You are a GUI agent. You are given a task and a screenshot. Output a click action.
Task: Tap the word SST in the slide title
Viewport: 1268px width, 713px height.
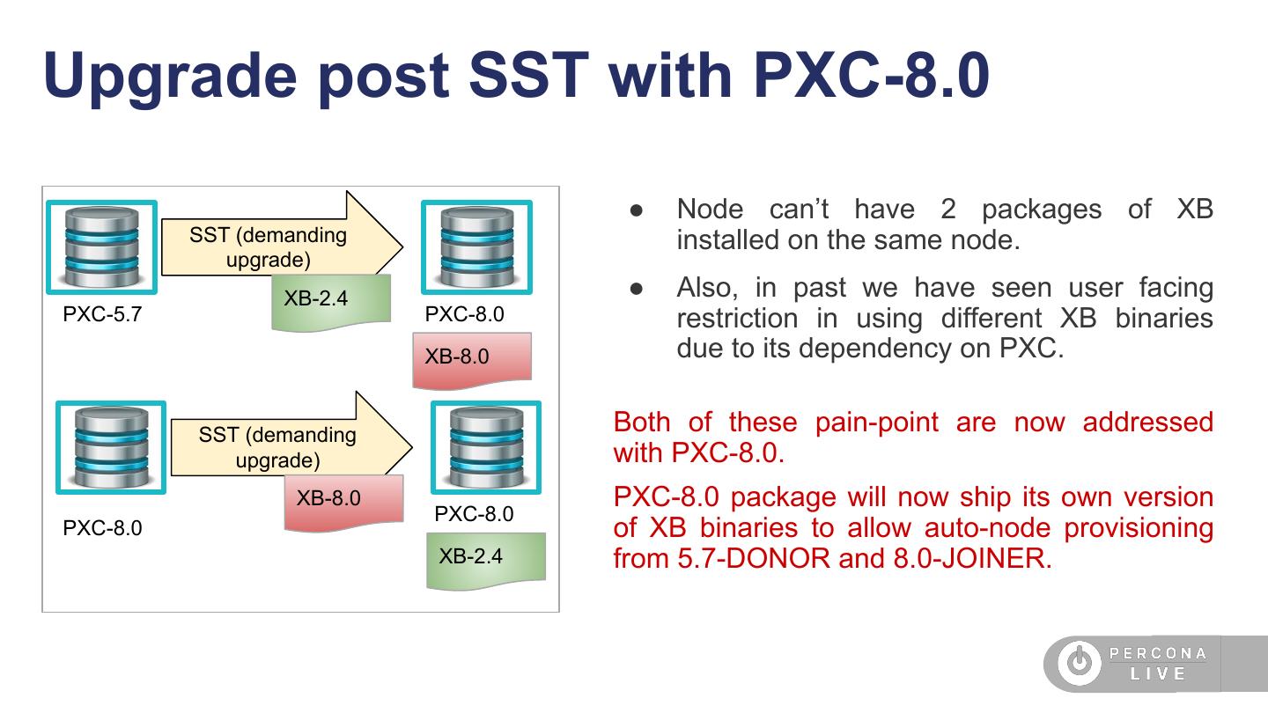point(529,75)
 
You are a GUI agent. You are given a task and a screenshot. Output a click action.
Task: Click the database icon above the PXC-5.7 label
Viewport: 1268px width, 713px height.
point(102,246)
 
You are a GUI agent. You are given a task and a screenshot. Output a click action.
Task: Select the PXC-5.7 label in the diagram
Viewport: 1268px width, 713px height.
point(102,314)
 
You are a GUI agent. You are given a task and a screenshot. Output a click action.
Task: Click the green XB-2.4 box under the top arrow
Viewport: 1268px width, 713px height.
point(331,302)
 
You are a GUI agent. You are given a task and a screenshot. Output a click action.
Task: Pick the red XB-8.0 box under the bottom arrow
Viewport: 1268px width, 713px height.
point(343,503)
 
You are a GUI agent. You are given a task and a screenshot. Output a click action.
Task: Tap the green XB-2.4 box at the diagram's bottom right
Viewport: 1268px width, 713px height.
point(486,560)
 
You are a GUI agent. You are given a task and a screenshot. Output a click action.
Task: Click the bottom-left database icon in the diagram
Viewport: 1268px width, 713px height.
point(111,447)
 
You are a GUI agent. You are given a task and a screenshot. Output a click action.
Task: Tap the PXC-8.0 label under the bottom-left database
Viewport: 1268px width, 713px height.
point(102,528)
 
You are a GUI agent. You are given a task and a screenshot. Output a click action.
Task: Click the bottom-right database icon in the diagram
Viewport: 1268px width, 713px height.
point(486,447)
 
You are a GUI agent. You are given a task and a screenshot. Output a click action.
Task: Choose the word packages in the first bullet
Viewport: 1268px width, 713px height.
point(1042,210)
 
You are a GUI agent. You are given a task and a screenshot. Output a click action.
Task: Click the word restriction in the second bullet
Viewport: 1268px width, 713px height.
point(738,318)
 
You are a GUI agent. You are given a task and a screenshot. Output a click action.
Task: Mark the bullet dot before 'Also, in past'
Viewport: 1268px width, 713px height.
point(637,289)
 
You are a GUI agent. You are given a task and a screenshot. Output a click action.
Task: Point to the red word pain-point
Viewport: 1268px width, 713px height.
point(877,423)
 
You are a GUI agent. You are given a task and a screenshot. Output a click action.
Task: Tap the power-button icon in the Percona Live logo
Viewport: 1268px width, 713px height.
point(1080,662)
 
